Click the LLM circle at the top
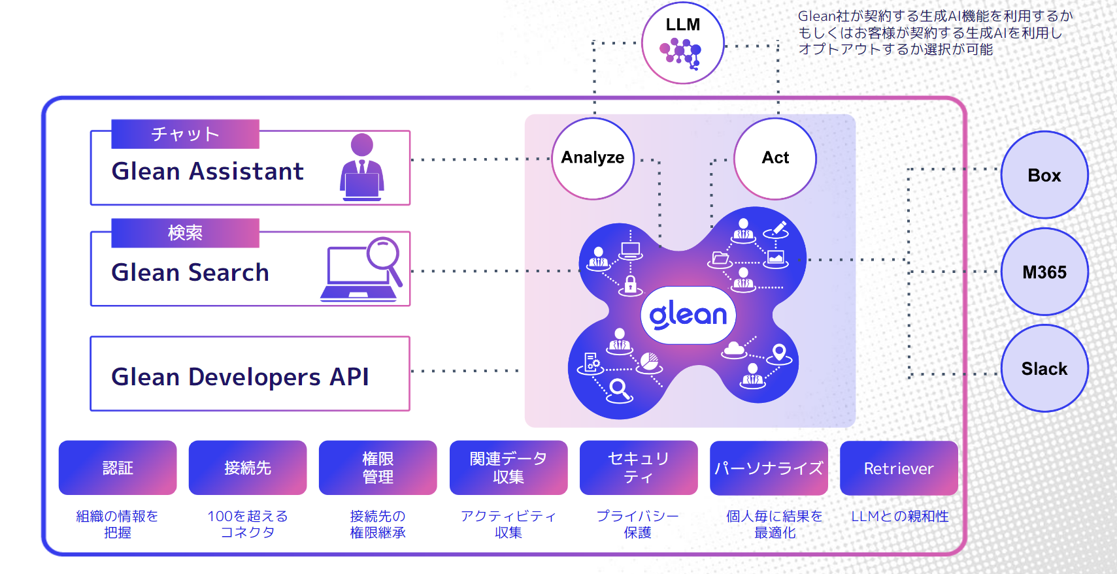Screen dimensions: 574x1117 [x=683, y=43]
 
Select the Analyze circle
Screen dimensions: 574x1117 [x=593, y=158]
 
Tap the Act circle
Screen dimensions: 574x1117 [x=775, y=158]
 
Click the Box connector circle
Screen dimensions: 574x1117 [x=1044, y=175]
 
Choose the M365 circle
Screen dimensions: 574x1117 [x=1044, y=272]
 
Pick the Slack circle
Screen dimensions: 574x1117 [x=1044, y=368]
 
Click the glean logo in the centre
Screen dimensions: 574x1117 [x=688, y=315]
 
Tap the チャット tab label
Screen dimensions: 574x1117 [x=185, y=134]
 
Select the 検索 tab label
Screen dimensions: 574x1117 [x=185, y=232]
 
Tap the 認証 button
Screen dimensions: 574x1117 [x=118, y=468]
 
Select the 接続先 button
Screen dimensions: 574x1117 [x=248, y=468]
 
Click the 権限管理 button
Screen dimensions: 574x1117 [x=378, y=468]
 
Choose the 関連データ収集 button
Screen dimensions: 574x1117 [x=508, y=468]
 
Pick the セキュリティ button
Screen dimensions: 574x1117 [x=639, y=468]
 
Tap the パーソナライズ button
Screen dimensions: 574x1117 [x=769, y=468]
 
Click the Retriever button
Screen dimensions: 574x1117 [x=899, y=468]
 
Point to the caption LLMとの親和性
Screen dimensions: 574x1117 [x=899, y=516]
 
